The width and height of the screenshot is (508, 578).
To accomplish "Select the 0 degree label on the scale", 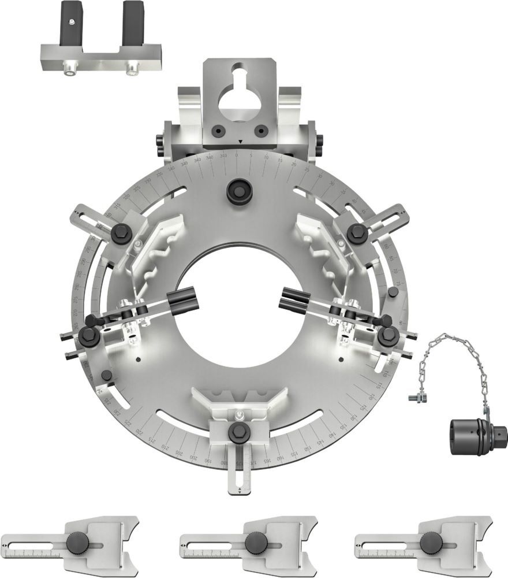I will (237, 155).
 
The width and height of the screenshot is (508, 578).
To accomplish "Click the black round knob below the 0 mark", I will (238, 190).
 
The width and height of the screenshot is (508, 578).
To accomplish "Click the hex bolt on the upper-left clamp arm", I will (121, 232).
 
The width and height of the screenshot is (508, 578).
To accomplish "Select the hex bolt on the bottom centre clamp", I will (238, 431).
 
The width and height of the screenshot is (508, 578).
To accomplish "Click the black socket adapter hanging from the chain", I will (477, 432).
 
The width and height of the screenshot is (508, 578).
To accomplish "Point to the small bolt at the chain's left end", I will (414, 397).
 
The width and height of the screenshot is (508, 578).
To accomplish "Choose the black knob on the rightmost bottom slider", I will (431, 543).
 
